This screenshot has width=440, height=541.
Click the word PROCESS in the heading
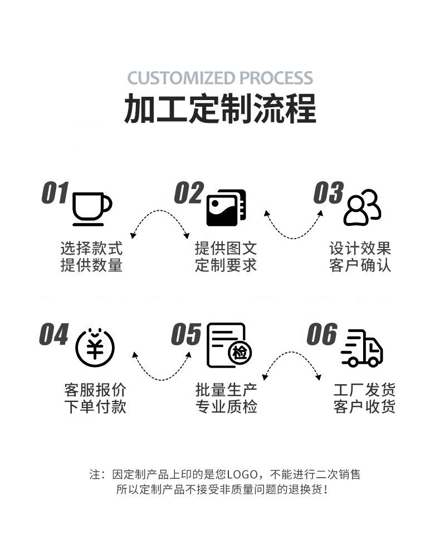tap(276, 77)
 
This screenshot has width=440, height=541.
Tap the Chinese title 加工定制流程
tap(220, 108)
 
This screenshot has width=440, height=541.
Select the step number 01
tap(55, 193)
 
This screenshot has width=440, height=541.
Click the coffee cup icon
tap(91, 209)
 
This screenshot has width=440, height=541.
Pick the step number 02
tap(189, 193)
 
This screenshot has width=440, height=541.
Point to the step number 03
tap(328, 193)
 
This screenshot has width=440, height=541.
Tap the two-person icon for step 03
tap(362, 207)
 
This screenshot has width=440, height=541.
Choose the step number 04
tap(54, 335)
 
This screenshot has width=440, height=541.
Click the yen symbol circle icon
tap(95, 348)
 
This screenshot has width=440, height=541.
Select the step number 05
tap(186, 335)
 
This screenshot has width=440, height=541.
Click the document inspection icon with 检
tap(228, 346)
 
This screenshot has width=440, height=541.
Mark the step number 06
tap(322, 335)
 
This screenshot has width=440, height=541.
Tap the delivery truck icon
tap(362, 348)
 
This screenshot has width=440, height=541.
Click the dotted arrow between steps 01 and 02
tap(159, 224)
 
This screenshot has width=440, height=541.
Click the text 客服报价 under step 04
tap(95, 390)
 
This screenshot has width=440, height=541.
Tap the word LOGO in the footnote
tap(242, 474)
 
